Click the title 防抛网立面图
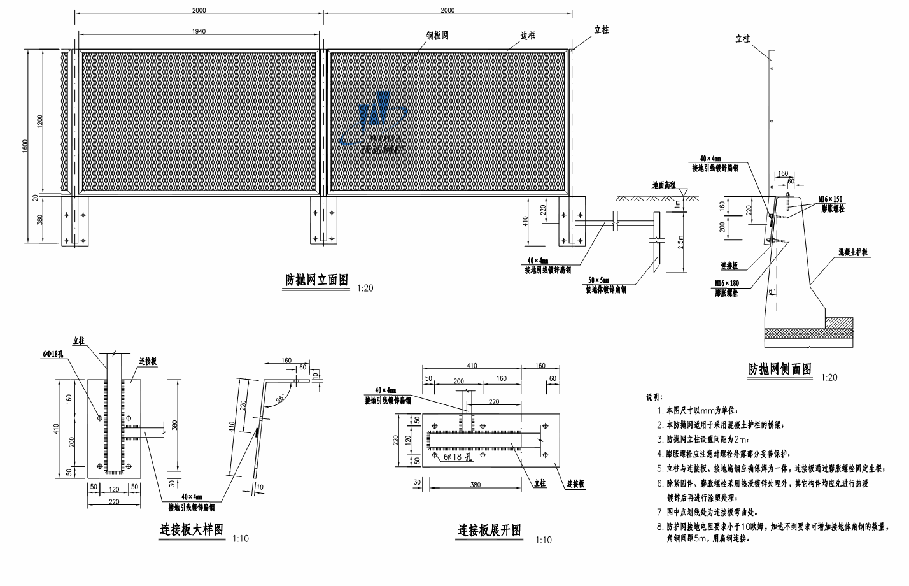(x=316, y=280)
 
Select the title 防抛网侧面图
(x=780, y=369)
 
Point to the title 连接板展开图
(x=490, y=530)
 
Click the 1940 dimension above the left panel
(x=198, y=31)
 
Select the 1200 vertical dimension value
(x=39, y=120)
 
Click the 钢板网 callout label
(x=438, y=36)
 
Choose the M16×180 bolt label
(x=726, y=283)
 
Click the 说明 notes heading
(x=654, y=397)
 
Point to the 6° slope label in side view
(x=771, y=291)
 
